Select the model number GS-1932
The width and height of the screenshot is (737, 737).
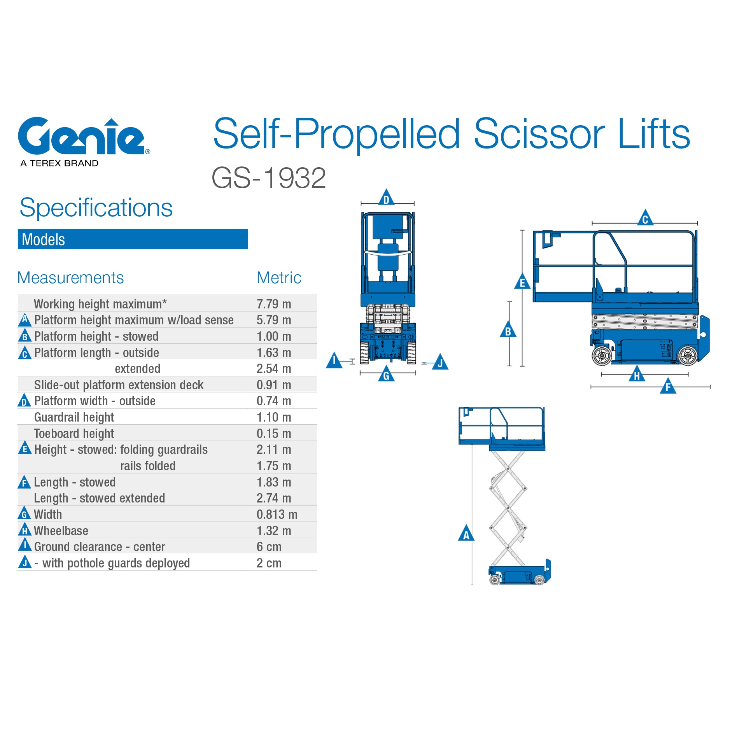268,178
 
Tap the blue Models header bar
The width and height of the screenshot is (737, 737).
133,239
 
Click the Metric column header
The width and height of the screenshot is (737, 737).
279,278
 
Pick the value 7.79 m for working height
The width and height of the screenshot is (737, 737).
274,304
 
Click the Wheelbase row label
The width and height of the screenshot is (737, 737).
61,531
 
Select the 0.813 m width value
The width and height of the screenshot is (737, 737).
277,515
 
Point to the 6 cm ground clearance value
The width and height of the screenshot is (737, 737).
269,547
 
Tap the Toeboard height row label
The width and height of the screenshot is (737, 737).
74,434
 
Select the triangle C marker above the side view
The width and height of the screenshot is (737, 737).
645,218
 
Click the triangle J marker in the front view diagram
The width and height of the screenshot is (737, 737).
440,362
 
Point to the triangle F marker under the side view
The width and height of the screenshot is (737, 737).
668,386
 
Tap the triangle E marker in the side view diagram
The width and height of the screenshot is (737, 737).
522,282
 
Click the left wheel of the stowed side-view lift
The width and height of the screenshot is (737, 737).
602,355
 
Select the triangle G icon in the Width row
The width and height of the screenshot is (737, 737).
25,513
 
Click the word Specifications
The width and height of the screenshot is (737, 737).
96,208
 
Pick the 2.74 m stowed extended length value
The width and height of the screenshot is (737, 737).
274,498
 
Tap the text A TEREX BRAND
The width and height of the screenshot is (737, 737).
60,163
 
